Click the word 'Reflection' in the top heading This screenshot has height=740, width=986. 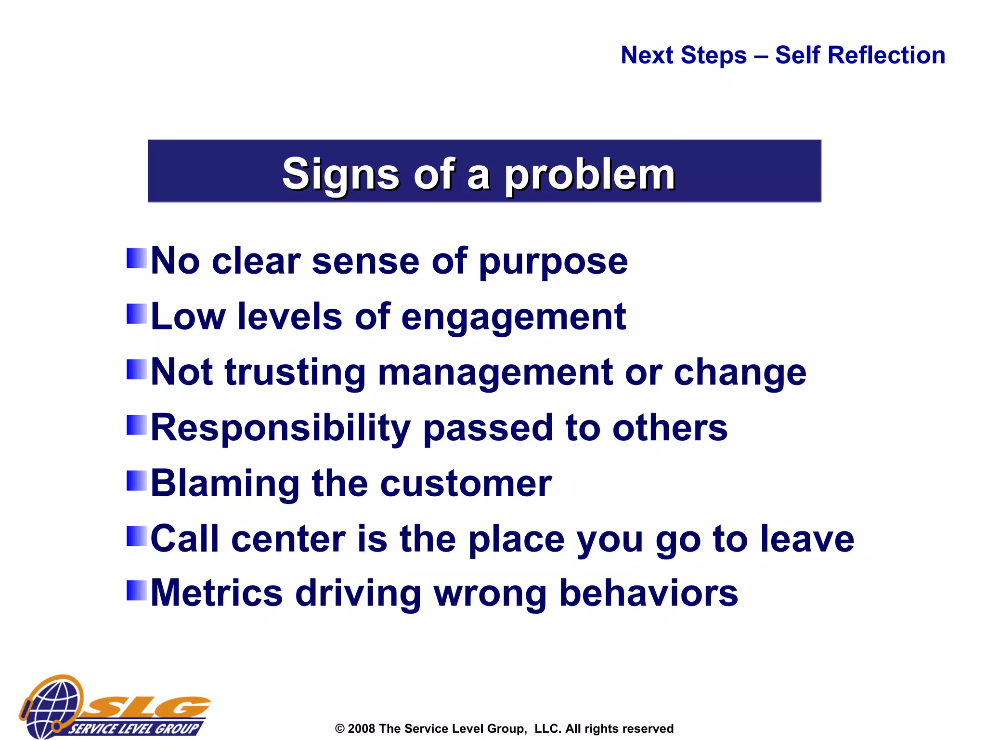point(860,55)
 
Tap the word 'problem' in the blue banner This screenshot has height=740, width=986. point(589,175)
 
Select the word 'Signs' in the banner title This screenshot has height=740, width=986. point(340,174)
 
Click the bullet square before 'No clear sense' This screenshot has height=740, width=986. point(136,258)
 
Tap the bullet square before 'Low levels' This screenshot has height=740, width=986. point(136,314)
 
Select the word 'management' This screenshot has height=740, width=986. point(495,373)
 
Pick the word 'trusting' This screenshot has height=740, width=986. point(295,373)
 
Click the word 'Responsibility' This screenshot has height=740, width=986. point(280,428)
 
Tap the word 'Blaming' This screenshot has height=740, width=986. point(225,484)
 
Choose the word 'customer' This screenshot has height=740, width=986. point(466,484)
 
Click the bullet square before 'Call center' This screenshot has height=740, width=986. point(136,536)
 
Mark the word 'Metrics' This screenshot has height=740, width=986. point(217,594)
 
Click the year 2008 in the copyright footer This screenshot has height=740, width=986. point(361,728)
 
